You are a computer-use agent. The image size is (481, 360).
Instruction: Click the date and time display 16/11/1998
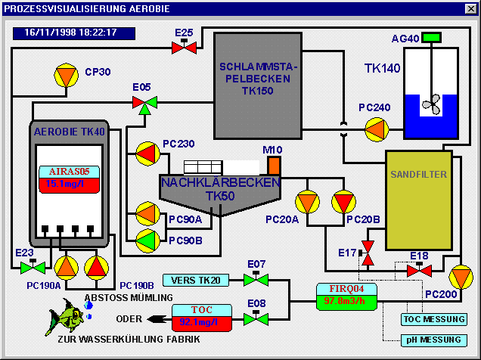pyautogui.click(x=73, y=33)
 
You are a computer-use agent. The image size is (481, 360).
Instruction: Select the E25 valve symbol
pyautogui.click(x=184, y=48)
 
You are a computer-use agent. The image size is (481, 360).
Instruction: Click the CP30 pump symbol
pyautogui.click(x=67, y=75)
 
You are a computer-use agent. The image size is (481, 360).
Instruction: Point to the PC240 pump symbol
pyautogui.click(x=377, y=128)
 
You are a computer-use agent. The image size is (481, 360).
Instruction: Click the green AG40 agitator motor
pyautogui.click(x=432, y=37)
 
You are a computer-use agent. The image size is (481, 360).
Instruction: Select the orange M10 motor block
pyautogui.click(x=274, y=164)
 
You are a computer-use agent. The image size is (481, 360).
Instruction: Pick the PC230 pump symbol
pyautogui.click(x=147, y=154)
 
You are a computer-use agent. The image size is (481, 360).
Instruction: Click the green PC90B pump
pyautogui.click(x=147, y=241)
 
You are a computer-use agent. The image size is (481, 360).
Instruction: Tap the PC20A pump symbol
pyautogui.click(x=308, y=201)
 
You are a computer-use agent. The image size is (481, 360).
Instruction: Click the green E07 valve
pyautogui.click(x=256, y=281)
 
